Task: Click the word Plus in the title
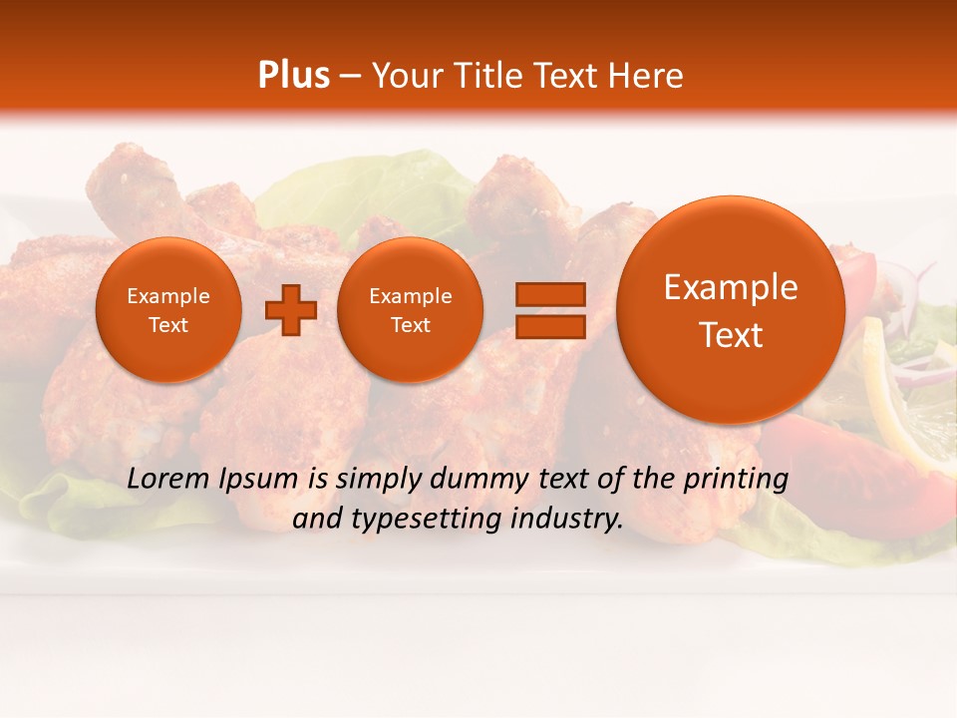coord(293,76)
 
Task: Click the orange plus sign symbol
coord(291,310)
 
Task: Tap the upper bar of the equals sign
coord(549,294)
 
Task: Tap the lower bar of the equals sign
coord(549,326)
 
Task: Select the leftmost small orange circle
coord(168,310)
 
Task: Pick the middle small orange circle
coord(411,310)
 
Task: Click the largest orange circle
coord(731,310)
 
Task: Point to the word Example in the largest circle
coord(731,287)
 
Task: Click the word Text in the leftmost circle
coord(168,325)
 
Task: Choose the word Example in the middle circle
coord(411,296)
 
